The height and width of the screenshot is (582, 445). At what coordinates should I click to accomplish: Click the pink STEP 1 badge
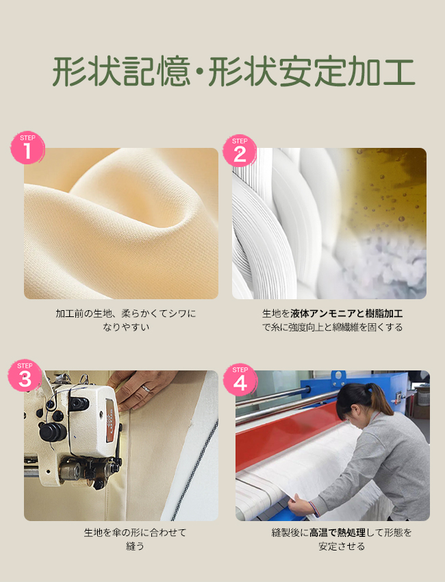27,148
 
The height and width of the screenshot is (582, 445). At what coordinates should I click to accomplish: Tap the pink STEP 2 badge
240,151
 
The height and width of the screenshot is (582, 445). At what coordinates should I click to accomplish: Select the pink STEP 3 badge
25,376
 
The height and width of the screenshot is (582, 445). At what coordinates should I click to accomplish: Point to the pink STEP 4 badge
240,379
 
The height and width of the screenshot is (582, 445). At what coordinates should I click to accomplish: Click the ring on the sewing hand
147,388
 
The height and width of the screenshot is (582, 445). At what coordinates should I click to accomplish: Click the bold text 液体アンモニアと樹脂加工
346,314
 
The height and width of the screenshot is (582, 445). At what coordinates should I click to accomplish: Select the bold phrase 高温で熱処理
338,533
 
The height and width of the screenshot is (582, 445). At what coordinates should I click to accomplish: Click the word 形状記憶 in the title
121,72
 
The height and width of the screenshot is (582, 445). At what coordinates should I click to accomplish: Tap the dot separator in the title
199,73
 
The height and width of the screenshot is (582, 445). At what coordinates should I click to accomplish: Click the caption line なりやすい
126,327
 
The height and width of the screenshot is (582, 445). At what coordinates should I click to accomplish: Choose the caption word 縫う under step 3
135,546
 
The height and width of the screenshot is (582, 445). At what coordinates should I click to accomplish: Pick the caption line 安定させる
342,546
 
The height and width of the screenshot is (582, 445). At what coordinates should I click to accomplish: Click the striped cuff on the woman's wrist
315,509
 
